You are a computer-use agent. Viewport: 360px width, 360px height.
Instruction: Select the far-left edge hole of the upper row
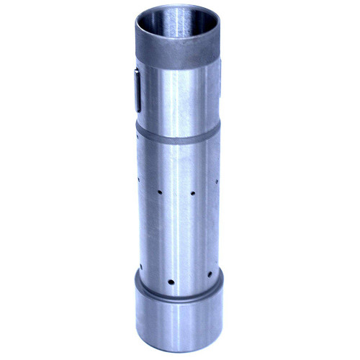click(138, 176)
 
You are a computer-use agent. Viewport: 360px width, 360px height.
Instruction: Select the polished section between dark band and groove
click(176, 97)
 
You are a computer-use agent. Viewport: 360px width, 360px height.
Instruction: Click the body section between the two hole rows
click(176, 234)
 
